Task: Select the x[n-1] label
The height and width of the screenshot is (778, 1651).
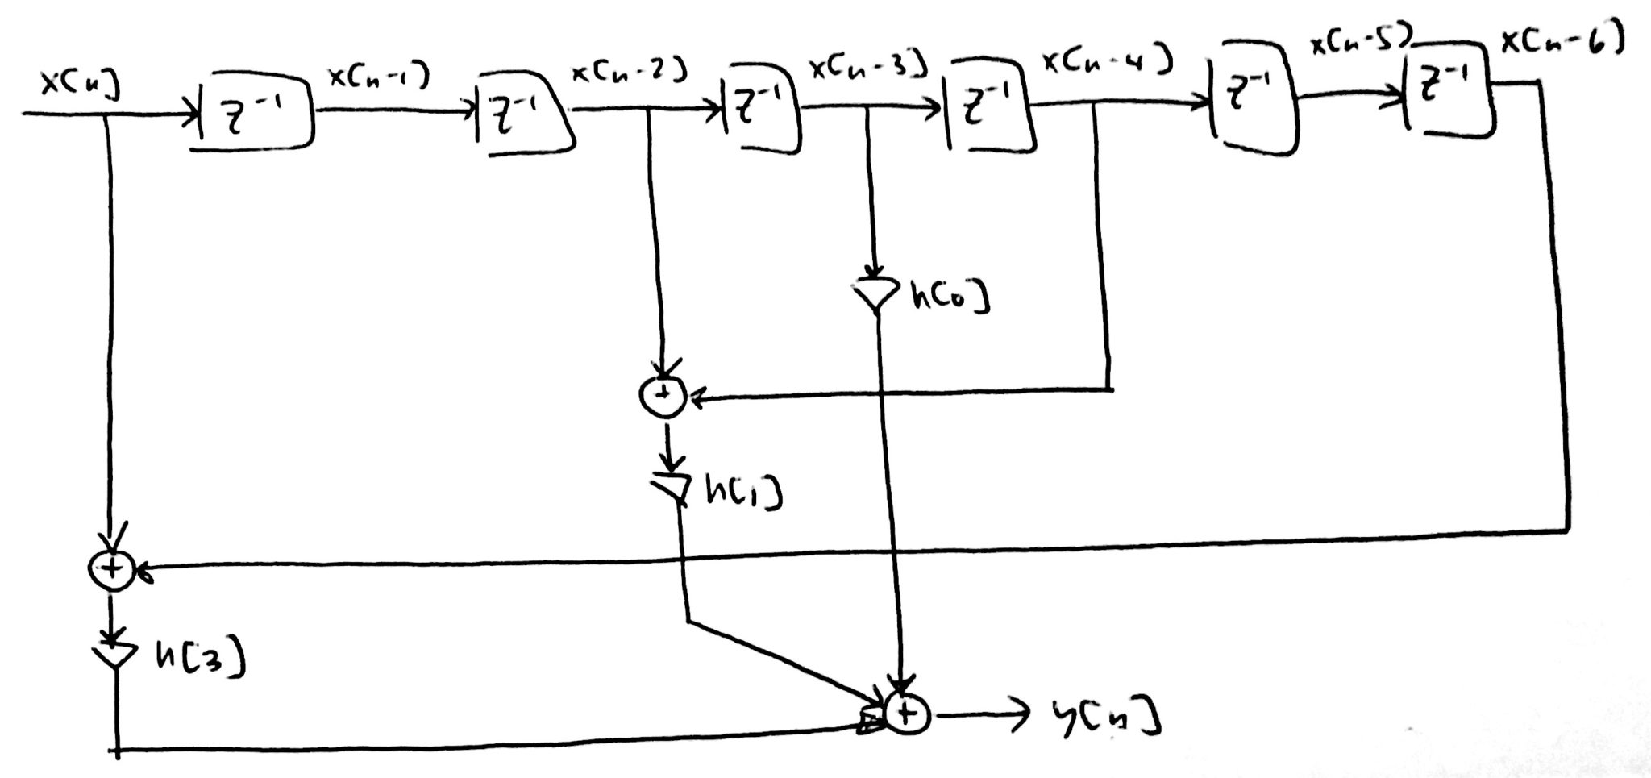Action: coord(377,77)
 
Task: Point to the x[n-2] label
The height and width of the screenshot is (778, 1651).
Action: coord(629,73)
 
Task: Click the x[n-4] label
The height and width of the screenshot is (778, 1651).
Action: coord(1106,61)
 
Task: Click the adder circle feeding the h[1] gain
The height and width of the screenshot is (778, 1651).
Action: coord(663,395)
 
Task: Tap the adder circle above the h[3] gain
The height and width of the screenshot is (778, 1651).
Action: coord(111,569)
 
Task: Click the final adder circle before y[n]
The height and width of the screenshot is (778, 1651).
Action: coord(907,714)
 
